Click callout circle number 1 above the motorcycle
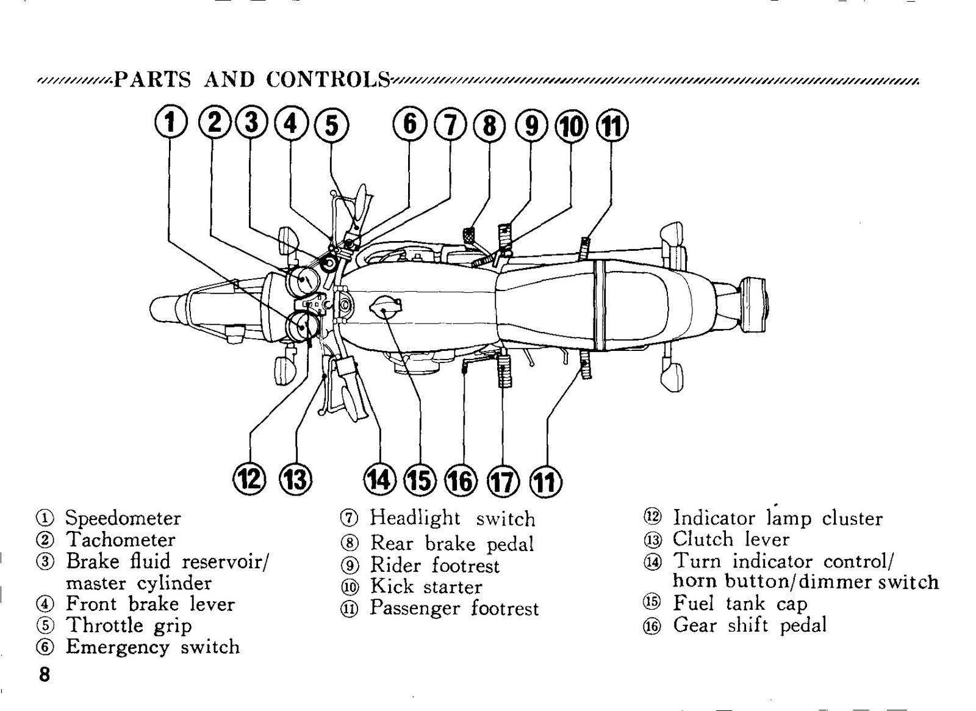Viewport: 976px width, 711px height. click(170, 123)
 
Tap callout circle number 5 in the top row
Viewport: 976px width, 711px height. click(332, 125)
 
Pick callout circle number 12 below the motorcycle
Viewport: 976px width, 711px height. click(249, 480)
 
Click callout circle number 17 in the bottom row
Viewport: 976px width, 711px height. click(504, 482)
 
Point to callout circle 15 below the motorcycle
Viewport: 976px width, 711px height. click(422, 481)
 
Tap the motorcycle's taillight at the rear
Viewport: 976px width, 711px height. click(753, 306)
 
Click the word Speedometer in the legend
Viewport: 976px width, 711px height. click(123, 519)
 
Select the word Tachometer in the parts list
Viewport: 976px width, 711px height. click(121, 540)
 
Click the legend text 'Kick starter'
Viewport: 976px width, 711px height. click(426, 586)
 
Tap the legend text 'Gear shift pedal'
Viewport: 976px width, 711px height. click(750, 625)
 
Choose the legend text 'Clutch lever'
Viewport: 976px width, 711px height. click(731, 540)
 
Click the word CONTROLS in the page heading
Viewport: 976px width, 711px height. click(329, 80)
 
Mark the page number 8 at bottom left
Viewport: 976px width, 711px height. click(45, 674)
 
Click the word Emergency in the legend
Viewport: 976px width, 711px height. click(117, 648)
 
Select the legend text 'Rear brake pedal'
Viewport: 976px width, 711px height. click(452, 544)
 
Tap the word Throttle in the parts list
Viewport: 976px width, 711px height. click(104, 625)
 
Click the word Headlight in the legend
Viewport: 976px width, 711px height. click(415, 519)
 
